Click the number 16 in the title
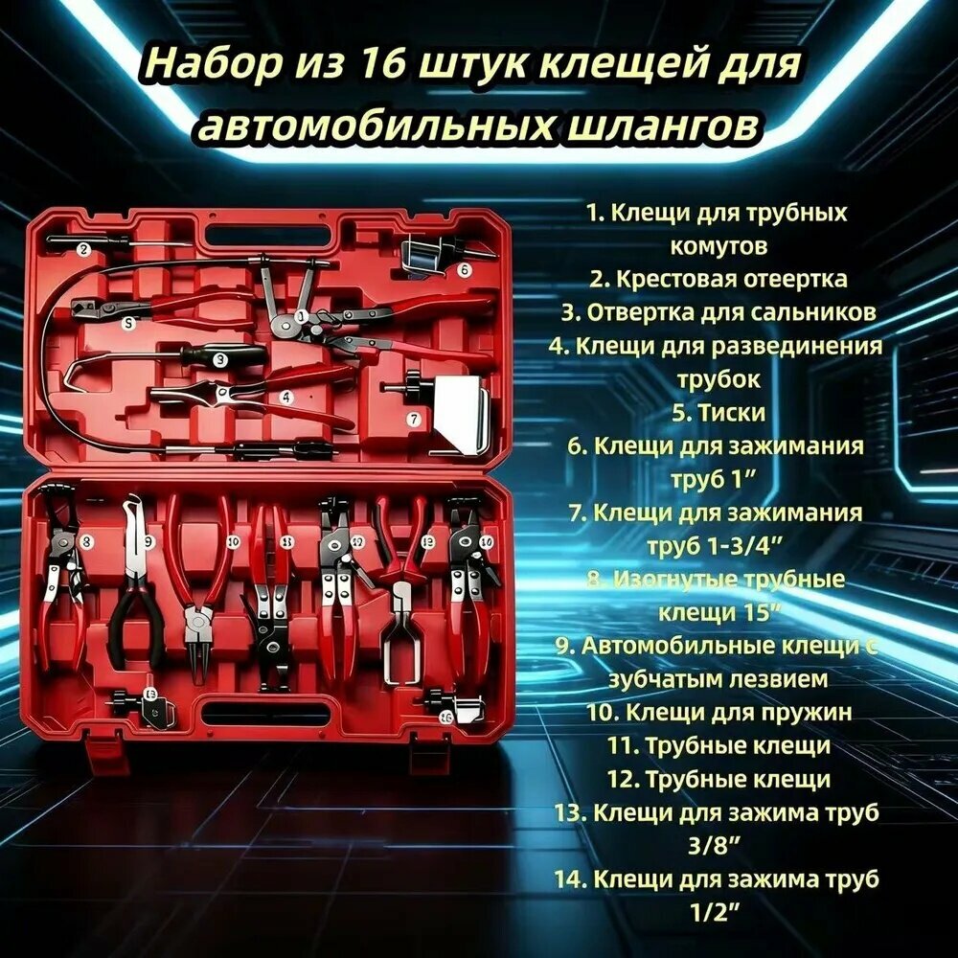pos(382,63)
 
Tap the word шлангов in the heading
pos(662,126)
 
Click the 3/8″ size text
pos(715,846)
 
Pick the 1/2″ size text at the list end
pos(716,913)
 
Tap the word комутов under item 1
pos(718,246)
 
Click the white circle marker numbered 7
pos(414,420)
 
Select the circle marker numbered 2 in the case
pos(83,249)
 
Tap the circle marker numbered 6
pos(465,269)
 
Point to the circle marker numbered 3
pos(220,360)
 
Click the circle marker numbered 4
pos(285,398)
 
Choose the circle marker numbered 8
pos(86,540)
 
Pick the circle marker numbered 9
pos(148,541)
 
